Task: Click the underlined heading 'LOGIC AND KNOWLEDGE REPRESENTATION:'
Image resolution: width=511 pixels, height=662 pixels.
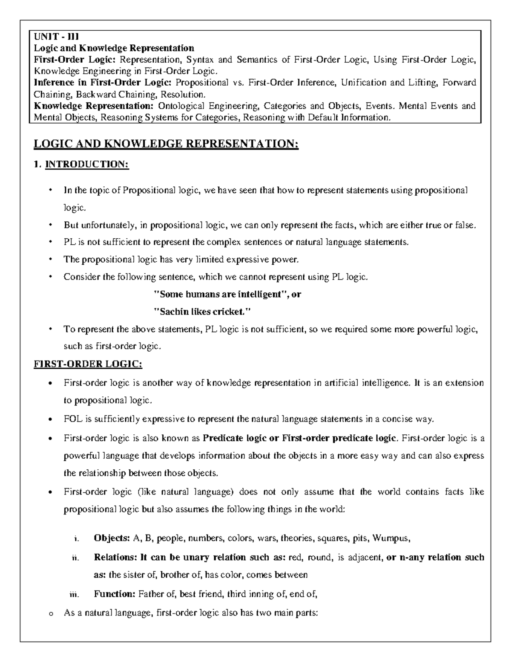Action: point(166,144)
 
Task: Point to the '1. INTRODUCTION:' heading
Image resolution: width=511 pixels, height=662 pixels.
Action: point(81,164)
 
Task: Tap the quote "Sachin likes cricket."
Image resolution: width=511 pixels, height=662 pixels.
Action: point(202,312)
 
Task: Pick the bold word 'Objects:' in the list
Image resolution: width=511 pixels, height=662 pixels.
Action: point(112,538)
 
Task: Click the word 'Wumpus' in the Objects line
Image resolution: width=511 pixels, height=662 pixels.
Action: point(390,538)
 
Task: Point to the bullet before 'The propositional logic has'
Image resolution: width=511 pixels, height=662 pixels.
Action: point(51,260)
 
